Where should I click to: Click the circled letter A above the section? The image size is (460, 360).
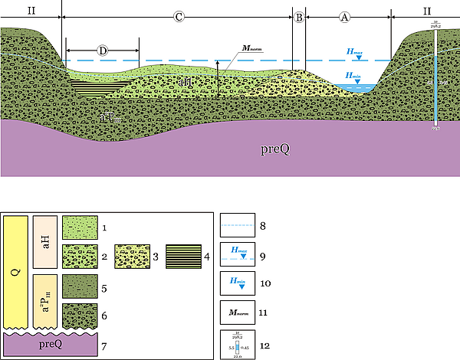(344, 16)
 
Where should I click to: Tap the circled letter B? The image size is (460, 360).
(298, 16)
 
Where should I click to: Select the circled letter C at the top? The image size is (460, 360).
(178, 16)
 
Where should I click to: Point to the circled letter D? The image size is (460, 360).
(103, 51)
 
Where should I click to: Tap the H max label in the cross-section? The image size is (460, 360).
(356, 53)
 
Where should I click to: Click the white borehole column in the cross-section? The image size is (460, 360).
(435, 84)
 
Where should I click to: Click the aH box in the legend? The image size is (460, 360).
(45, 241)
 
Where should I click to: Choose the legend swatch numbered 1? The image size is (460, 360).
(79, 228)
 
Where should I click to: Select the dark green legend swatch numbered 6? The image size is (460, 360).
(79, 316)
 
